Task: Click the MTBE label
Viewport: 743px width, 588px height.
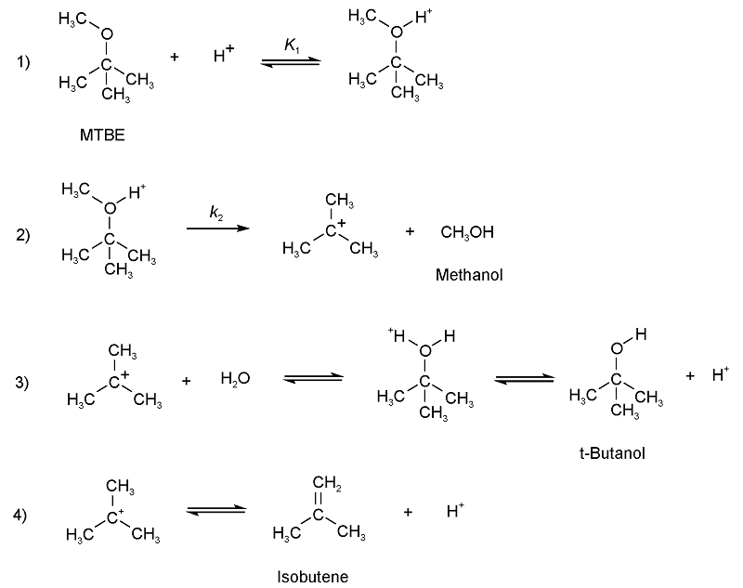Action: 102,135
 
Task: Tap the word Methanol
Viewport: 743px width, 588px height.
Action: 469,275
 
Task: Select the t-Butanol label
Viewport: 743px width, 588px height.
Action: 610,453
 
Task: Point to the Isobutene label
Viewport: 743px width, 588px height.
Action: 313,577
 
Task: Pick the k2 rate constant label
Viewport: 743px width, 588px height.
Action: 215,213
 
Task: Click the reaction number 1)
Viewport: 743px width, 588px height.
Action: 23,62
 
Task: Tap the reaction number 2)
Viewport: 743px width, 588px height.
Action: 23,234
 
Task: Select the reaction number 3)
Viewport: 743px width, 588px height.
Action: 23,382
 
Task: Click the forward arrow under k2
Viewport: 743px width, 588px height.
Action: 218,228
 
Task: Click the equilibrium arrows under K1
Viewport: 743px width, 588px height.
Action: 291,60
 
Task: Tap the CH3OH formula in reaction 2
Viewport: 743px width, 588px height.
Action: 467,232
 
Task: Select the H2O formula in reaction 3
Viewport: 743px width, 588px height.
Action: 235,379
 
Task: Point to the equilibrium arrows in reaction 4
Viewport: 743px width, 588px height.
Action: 216,509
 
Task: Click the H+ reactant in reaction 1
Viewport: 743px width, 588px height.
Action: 223,56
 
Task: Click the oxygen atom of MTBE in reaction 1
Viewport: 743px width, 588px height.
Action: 107,35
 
